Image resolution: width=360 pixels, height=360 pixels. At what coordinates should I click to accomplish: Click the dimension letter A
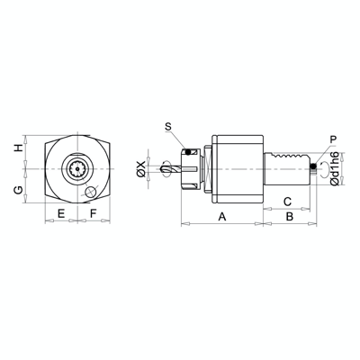pos(222,217)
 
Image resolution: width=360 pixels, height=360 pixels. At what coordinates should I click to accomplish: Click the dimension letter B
pos(290,217)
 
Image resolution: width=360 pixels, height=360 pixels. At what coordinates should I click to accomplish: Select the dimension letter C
pos(286,201)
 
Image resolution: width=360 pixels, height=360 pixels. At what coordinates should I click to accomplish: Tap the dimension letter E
pos(60,213)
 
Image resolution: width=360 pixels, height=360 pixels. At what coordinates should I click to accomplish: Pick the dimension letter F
pos(94,213)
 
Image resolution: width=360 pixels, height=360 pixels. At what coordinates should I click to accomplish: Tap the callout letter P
pos(333,139)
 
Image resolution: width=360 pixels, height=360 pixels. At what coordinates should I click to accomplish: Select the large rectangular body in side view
pos(238,168)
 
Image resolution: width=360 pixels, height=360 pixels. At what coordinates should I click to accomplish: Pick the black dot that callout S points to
pos(188,149)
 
